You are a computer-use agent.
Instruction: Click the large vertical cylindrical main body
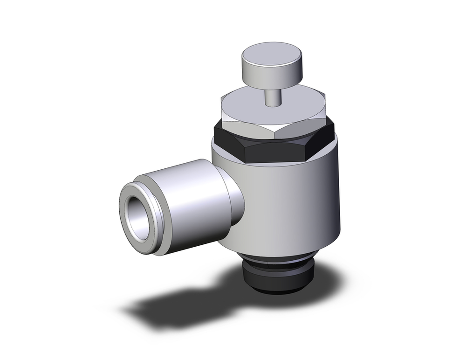tap(298, 201)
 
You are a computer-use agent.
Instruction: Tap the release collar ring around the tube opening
tap(133, 196)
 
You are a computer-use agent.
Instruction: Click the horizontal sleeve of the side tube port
tap(186, 201)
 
